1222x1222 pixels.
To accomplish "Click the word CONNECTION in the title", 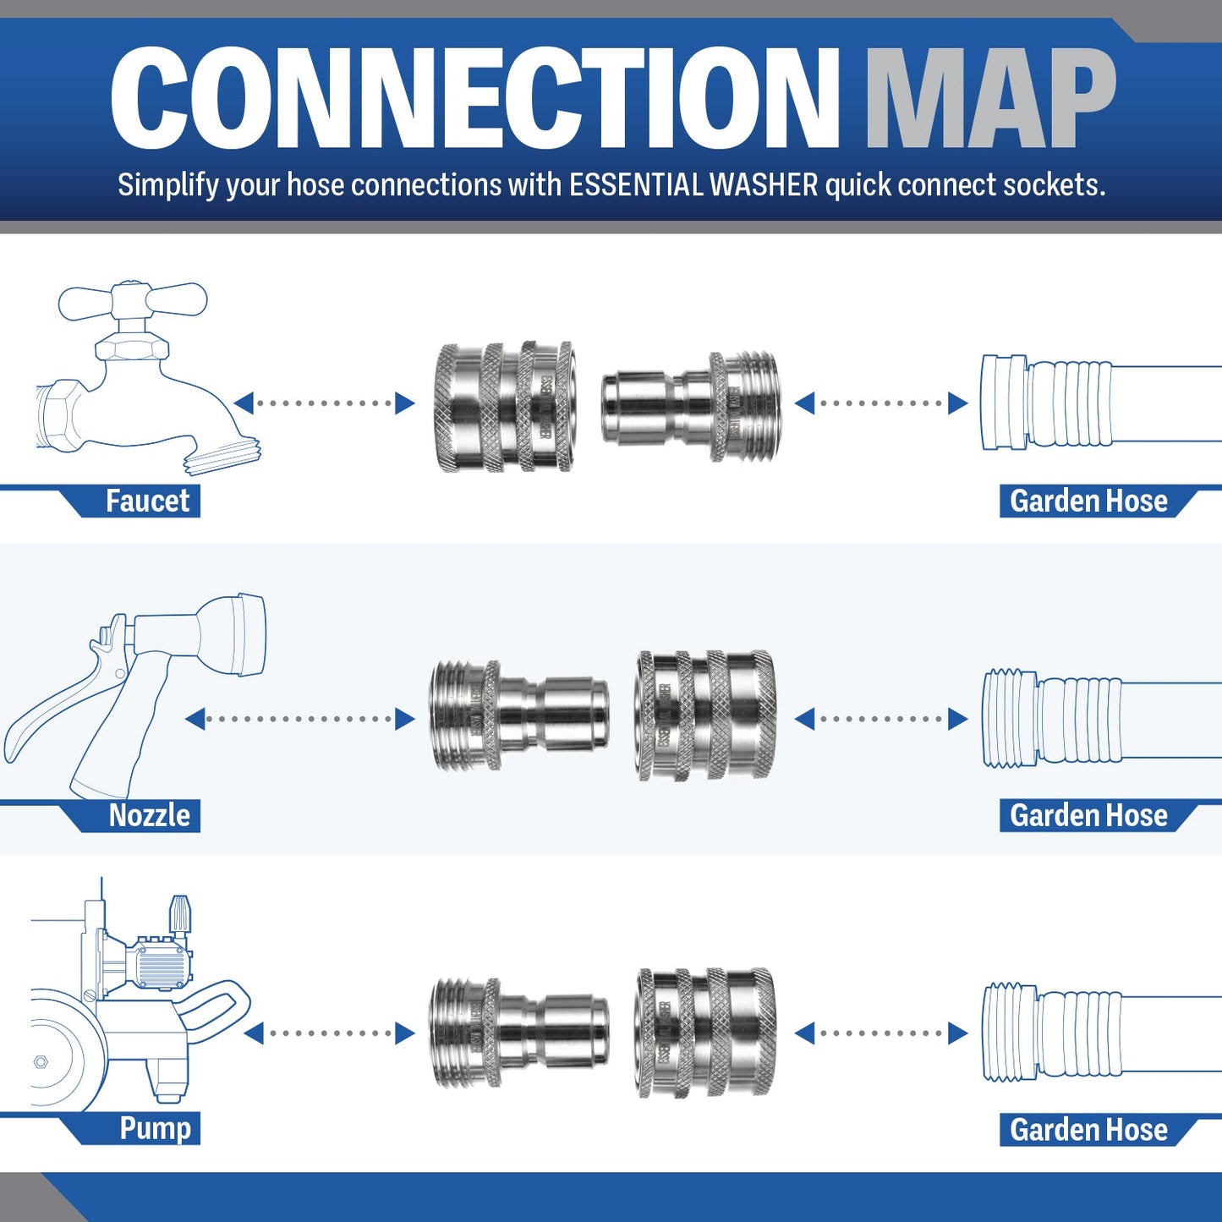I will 474,99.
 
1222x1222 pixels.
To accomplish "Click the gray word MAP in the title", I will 989,99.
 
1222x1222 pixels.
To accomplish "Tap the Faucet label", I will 147,501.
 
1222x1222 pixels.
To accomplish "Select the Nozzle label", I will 150,815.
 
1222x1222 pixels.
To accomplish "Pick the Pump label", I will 155,1128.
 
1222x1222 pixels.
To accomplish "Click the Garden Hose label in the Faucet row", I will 1088,501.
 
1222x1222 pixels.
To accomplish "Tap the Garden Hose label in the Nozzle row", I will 1088,815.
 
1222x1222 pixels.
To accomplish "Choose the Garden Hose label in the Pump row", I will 1088,1130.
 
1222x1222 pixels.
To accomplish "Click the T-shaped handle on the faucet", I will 133,301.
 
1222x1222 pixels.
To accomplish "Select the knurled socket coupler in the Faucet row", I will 505,406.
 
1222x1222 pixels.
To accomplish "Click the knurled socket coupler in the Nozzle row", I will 704,715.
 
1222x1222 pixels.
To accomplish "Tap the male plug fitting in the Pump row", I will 518,1032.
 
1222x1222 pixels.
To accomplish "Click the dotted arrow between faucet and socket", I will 324,403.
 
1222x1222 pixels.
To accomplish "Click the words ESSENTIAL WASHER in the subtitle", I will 693,185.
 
